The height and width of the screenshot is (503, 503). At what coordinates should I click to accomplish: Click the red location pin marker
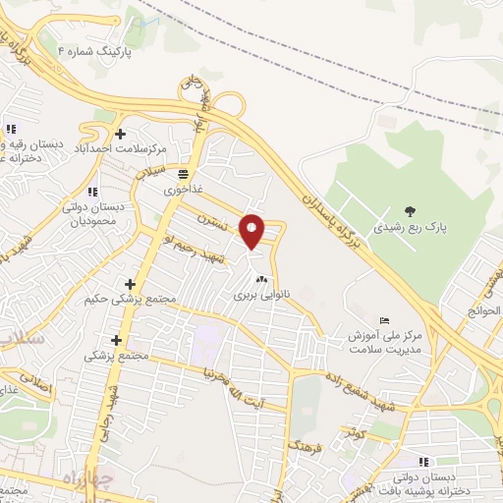(252, 231)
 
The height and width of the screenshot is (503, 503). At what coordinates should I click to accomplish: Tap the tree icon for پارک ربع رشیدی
(409, 210)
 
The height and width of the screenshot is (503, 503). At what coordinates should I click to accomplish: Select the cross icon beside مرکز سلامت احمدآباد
(120, 134)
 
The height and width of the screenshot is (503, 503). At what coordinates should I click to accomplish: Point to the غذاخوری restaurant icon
(184, 173)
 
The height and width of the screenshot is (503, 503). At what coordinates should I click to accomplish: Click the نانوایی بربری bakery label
(251, 293)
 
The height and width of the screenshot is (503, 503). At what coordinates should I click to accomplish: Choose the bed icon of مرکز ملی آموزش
(384, 321)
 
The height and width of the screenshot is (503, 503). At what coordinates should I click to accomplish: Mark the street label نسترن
(219, 223)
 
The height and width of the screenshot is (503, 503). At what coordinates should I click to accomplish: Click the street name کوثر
(353, 431)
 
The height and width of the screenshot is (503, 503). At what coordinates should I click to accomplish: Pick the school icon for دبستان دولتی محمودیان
(92, 192)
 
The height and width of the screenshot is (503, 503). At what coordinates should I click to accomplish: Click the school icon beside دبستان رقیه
(10, 129)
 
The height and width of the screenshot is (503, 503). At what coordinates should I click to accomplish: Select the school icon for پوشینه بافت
(423, 461)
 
